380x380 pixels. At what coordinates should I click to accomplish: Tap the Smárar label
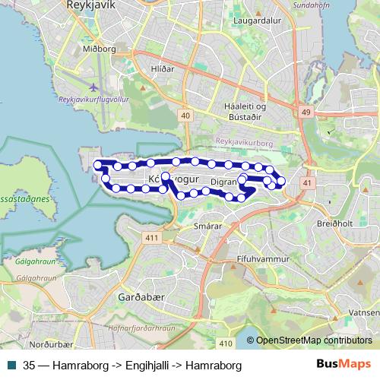pyautogui.click(x=207, y=226)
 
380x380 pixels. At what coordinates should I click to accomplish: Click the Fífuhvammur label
pyautogui.click(x=264, y=259)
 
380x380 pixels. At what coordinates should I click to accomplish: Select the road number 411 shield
pyautogui.click(x=153, y=238)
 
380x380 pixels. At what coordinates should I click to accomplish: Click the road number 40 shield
pyautogui.click(x=186, y=115)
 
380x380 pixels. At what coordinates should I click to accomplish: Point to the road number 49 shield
pyautogui.click(x=306, y=112)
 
